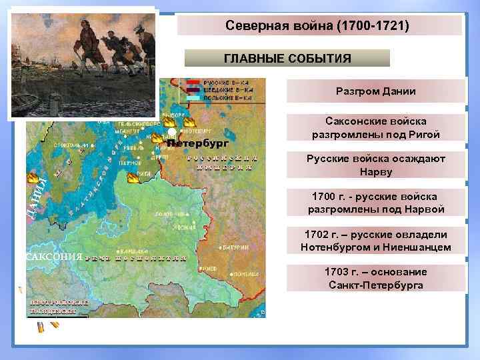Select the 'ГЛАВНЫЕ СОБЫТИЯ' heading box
pyautogui.click(x=287, y=58)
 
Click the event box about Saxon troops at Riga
pyautogui.click(x=375, y=128)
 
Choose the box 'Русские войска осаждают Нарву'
pyautogui.click(x=375, y=165)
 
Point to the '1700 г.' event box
pyautogui.click(x=375, y=203)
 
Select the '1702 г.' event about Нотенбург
pyautogui.click(x=375, y=241)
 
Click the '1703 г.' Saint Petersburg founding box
pyautogui.click(x=375, y=279)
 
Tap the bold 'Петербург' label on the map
pyautogui.click(x=197, y=143)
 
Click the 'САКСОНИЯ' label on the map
pyautogui.click(x=53, y=257)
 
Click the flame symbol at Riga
pyautogui.click(x=133, y=176)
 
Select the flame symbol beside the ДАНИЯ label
pyautogui.click(x=31, y=178)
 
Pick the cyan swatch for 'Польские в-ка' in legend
pyautogui.click(x=194, y=98)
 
